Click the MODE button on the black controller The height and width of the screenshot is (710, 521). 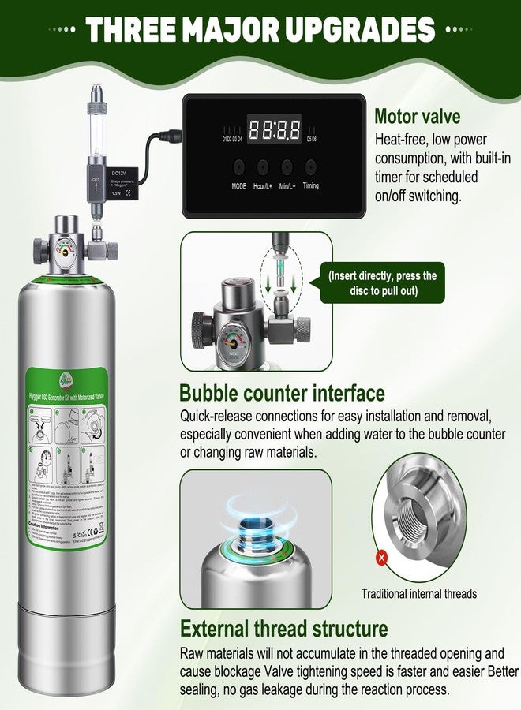238,167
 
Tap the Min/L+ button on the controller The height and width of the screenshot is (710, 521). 287,167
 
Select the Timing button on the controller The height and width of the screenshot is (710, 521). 311,167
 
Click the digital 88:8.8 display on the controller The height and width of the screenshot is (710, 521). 273,129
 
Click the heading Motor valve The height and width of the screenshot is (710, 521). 417,118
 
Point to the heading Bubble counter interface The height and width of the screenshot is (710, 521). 282,392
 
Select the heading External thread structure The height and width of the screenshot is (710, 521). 283,629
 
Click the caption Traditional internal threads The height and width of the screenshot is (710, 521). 418,594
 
